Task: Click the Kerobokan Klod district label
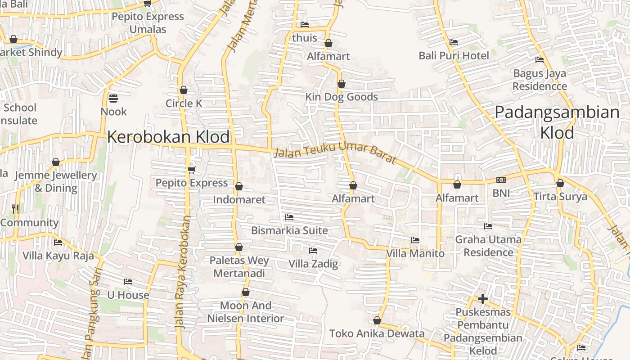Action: (x=168, y=137)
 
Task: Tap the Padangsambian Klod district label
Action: (x=557, y=122)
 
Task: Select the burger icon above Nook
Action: (x=113, y=98)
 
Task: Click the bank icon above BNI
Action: (x=501, y=180)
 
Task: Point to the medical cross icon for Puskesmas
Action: (x=483, y=299)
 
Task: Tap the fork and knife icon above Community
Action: (x=15, y=209)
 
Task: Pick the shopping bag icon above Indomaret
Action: (x=239, y=186)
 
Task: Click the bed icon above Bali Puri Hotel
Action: (x=454, y=42)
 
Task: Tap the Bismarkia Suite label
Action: (x=289, y=230)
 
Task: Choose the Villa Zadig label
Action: (x=313, y=263)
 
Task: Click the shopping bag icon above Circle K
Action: (x=183, y=90)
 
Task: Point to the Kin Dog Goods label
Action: (x=342, y=97)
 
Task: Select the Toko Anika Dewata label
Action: (x=377, y=333)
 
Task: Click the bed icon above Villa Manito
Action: (x=415, y=240)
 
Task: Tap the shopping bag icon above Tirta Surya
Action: (x=560, y=183)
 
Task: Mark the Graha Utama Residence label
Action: (x=488, y=246)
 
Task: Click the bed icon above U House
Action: (x=128, y=282)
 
